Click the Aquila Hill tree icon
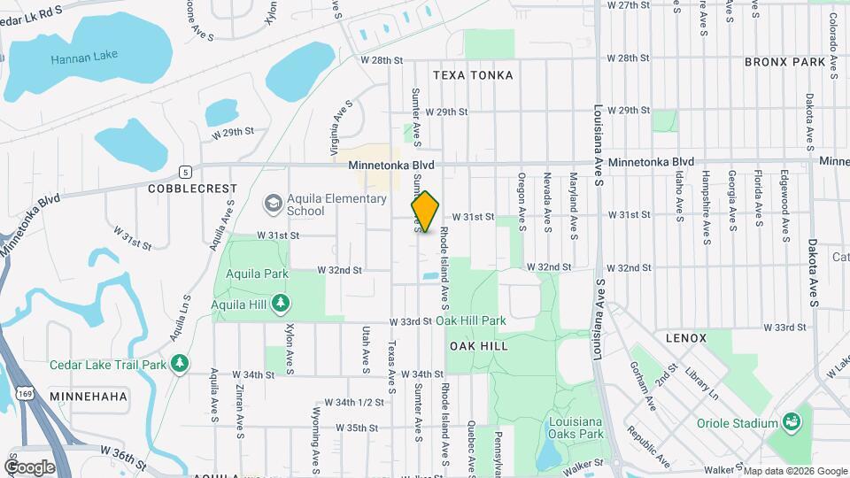point(281,305)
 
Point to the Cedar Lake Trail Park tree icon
point(180,364)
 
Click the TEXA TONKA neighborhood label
point(473,75)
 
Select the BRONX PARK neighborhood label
point(784,62)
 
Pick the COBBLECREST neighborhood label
point(192,189)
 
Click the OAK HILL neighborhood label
point(478,346)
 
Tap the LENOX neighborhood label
point(686,338)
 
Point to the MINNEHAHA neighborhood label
point(89,396)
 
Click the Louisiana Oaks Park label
point(576,428)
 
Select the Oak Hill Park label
point(470,320)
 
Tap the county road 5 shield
point(184,172)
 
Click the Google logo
point(29,467)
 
